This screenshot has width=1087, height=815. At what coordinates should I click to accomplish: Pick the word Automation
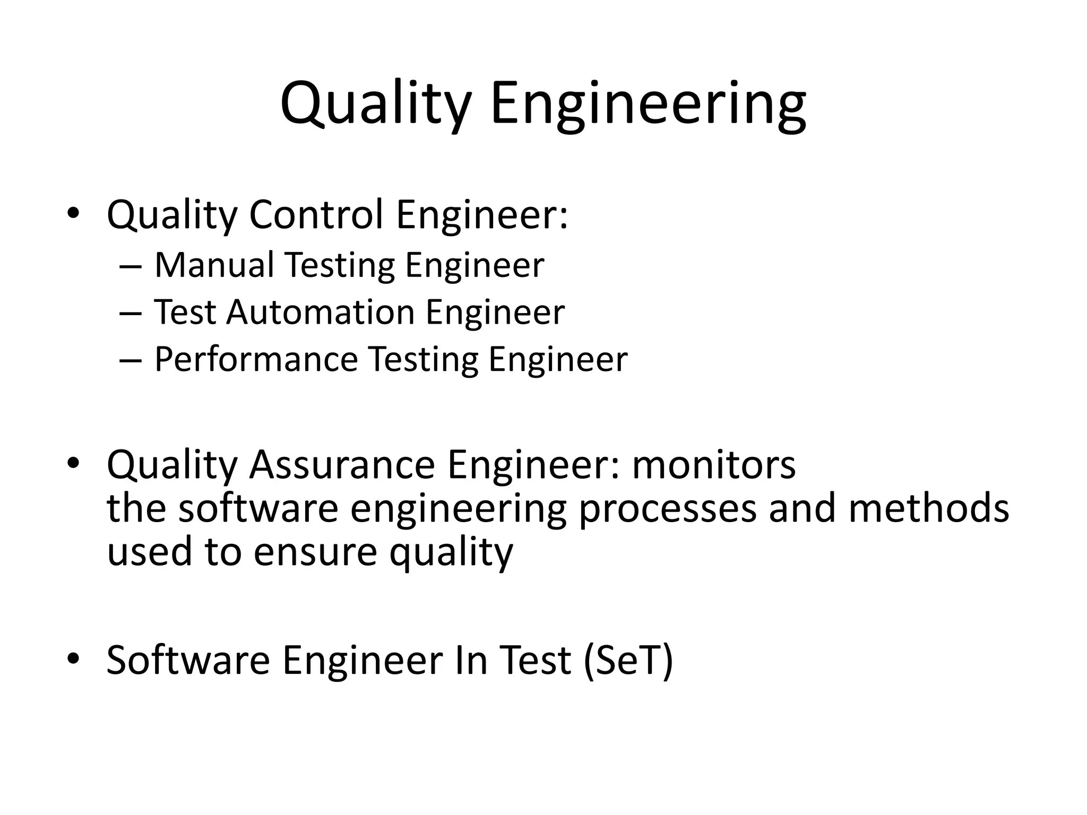[321, 312]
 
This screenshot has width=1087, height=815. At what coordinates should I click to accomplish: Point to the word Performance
[256, 359]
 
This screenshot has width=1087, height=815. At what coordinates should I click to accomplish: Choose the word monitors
[714, 464]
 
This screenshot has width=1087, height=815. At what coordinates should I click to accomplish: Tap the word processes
[667, 508]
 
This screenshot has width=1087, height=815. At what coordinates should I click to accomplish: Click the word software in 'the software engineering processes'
[258, 508]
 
